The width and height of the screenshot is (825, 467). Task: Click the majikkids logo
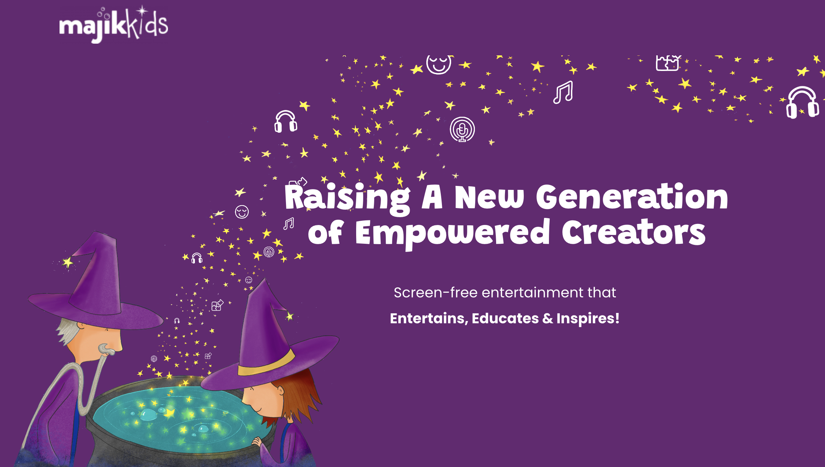tap(113, 24)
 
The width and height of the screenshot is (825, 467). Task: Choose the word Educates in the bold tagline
tap(505, 318)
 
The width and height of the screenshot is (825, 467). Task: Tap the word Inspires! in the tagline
tap(588, 318)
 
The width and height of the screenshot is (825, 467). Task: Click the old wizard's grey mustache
tap(106, 350)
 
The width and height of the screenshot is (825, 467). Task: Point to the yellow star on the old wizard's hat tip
tap(67, 262)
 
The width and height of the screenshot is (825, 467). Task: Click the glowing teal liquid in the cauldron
tap(177, 419)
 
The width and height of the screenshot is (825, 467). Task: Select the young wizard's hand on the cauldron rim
tap(257, 442)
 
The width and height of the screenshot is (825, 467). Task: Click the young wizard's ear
tap(281, 391)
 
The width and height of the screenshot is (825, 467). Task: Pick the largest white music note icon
tap(563, 92)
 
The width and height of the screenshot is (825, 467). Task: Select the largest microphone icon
tap(462, 130)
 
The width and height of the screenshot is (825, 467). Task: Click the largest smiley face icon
tap(439, 64)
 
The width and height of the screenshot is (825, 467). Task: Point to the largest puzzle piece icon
tap(668, 63)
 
